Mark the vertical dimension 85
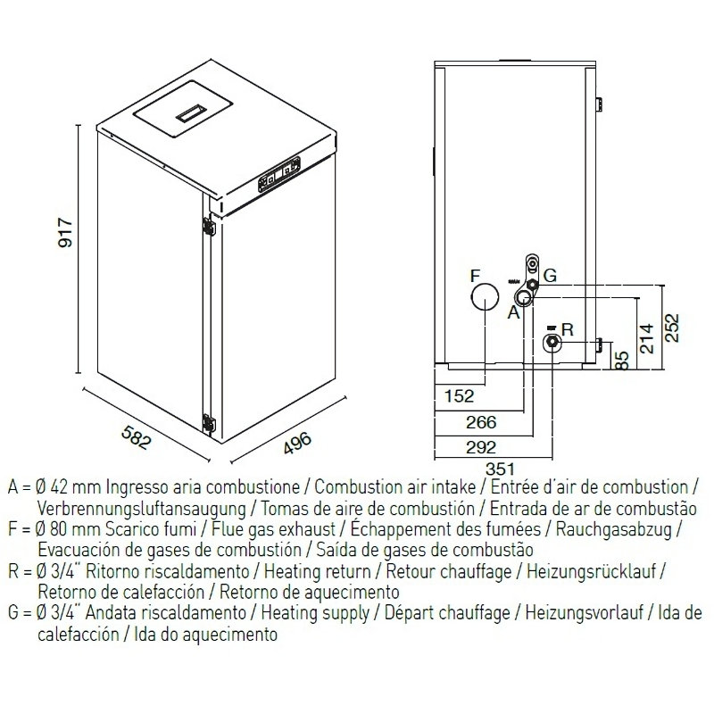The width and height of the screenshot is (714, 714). point(623,360)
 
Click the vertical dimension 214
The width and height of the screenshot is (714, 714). point(648,337)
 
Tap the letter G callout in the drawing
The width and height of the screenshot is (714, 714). point(550,278)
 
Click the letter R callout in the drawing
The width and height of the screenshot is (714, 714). point(569,328)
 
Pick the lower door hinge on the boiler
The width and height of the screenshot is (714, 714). point(209,424)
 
